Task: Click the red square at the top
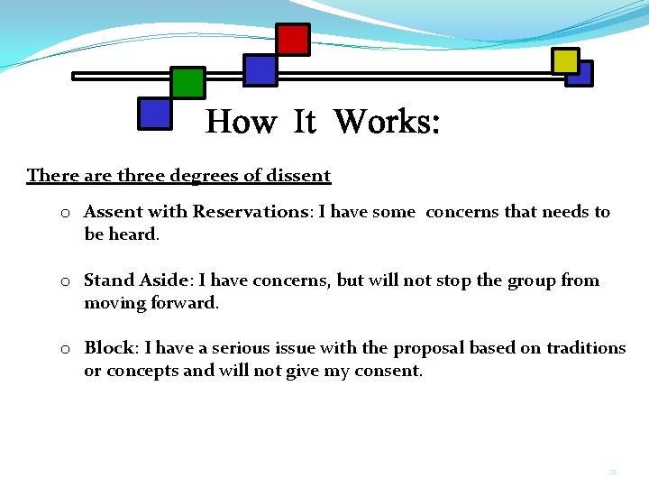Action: tap(292, 40)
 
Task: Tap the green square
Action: tap(187, 83)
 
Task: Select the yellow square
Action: tap(565, 60)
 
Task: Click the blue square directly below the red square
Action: tap(261, 70)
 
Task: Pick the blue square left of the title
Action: tap(155, 114)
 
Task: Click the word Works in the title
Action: tap(387, 121)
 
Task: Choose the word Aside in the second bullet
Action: tap(164, 280)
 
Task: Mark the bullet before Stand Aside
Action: tap(66, 281)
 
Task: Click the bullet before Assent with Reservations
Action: tap(66, 213)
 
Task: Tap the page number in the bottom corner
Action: tap(612, 472)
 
